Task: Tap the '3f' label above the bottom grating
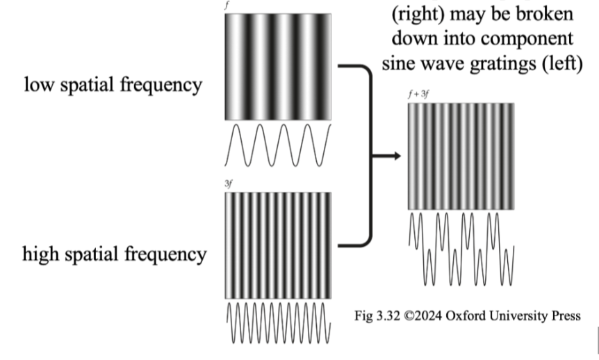(x=229, y=184)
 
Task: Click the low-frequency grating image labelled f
(x=278, y=66)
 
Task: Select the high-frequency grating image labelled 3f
(x=278, y=245)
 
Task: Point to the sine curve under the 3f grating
(x=278, y=324)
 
